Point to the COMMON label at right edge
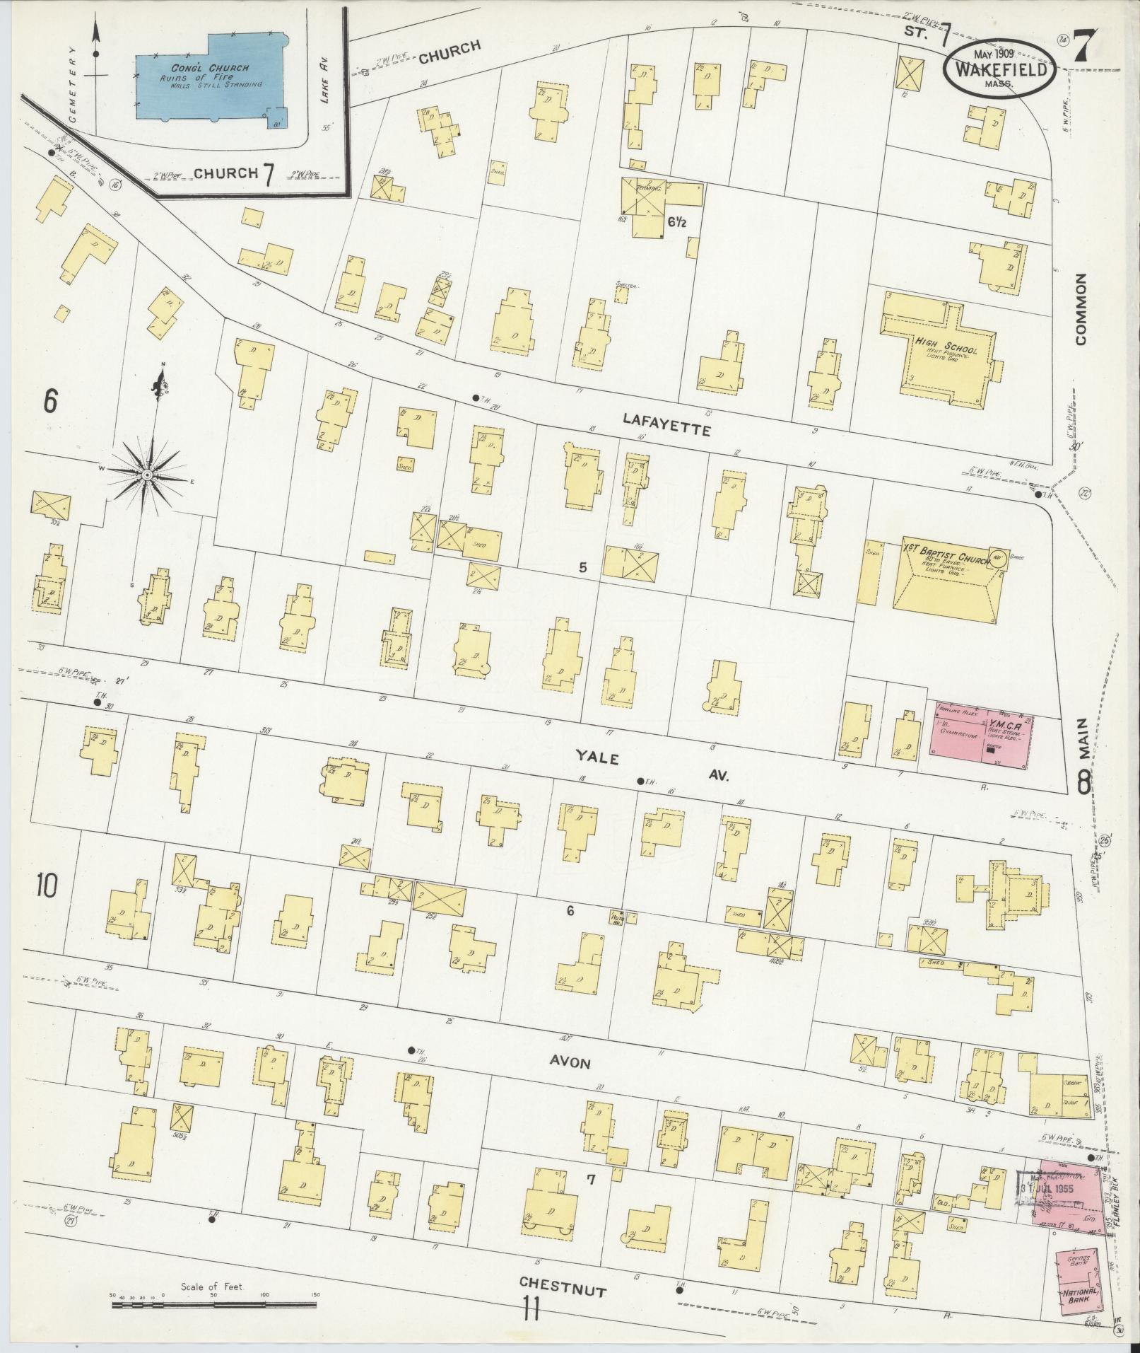coord(1081,309)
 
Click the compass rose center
coord(147,475)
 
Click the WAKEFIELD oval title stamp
coord(999,68)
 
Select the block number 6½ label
coord(676,221)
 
